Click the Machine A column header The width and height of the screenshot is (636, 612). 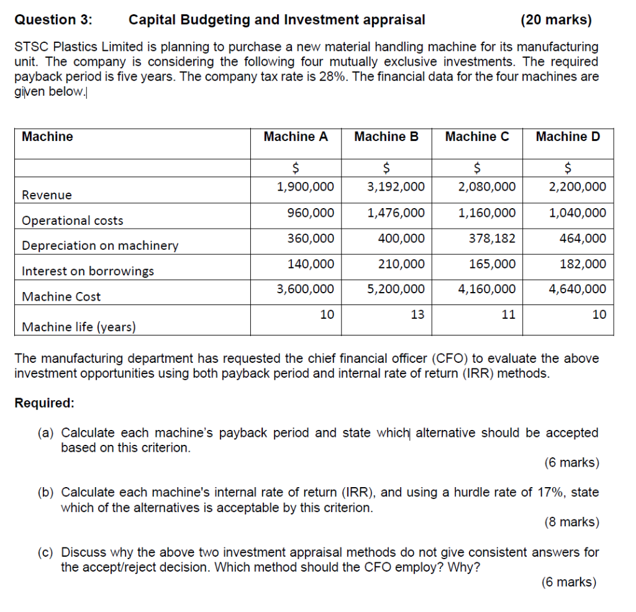click(x=296, y=137)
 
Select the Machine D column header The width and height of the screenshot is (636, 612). click(x=568, y=137)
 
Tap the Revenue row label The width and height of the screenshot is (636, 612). click(x=47, y=195)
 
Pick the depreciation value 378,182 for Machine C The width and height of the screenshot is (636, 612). click(x=492, y=239)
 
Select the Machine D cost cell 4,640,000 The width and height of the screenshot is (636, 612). click(x=578, y=289)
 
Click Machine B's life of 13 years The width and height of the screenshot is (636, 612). click(x=417, y=314)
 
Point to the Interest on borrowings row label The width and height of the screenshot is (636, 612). click(x=88, y=271)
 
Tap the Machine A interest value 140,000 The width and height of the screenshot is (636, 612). click(x=310, y=264)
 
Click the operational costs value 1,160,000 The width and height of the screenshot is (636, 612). click(x=486, y=213)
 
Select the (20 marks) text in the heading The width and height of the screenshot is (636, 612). click(x=556, y=20)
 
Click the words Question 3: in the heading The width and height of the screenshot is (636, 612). click(x=53, y=20)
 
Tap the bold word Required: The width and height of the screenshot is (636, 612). click(x=44, y=403)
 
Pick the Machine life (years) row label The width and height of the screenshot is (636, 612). click(x=78, y=327)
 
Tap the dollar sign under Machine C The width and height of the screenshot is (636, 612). click(x=477, y=167)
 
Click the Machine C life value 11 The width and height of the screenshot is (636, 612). click(x=508, y=314)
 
